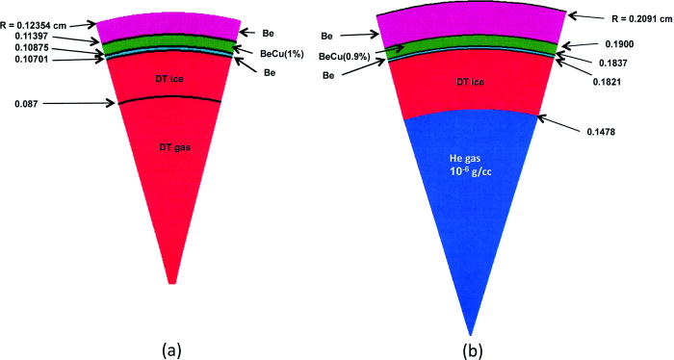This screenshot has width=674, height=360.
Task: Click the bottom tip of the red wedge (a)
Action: (172, 283)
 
